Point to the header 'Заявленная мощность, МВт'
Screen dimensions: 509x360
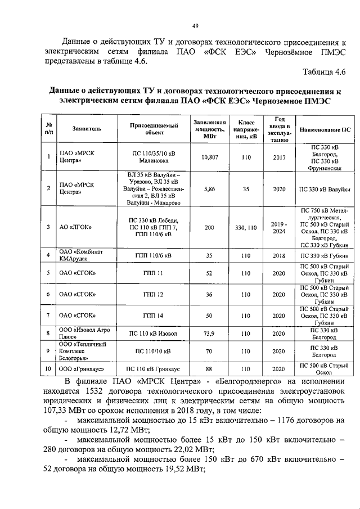pos(210,129)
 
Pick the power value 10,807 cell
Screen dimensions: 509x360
pos(210,158)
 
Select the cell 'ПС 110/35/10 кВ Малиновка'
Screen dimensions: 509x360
pos(154,158)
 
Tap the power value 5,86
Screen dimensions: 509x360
pos(210,189)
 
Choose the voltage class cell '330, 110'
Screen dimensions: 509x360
pos(246,227)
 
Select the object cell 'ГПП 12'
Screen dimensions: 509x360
pos(154,294)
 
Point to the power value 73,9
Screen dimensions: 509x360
pos(210,334)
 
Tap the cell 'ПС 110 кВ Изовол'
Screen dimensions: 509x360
pos(154,334)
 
